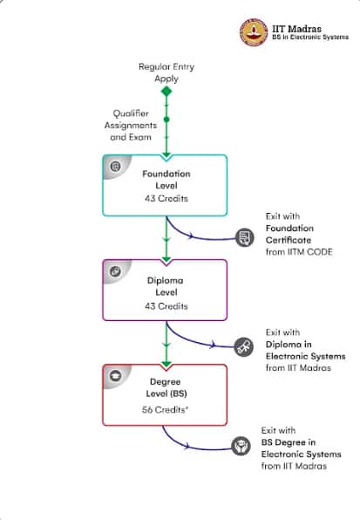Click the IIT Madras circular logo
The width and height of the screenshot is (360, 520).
254,32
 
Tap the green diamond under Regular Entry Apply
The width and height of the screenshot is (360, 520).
166,92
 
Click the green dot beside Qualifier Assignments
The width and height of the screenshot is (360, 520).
166,120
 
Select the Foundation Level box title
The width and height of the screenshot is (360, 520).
166,180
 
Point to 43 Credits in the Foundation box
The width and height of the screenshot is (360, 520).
166,198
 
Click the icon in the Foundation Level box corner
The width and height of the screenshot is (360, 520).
115,166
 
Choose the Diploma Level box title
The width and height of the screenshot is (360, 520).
166,286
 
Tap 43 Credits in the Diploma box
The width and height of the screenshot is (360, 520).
166,305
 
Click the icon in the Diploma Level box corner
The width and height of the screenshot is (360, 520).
115,271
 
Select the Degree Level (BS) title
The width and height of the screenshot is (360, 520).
166,387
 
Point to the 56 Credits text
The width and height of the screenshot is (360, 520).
165,409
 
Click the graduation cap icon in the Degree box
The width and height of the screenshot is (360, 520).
116,376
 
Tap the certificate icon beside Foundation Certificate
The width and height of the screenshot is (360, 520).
245,237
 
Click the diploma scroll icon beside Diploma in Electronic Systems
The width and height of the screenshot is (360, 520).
244,347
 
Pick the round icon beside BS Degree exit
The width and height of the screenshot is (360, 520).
241,446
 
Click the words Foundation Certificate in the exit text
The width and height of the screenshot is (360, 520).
289,234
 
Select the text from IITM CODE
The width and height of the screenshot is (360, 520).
299,251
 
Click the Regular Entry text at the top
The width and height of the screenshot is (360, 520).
166,66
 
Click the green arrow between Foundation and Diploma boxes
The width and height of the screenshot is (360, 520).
166,238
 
